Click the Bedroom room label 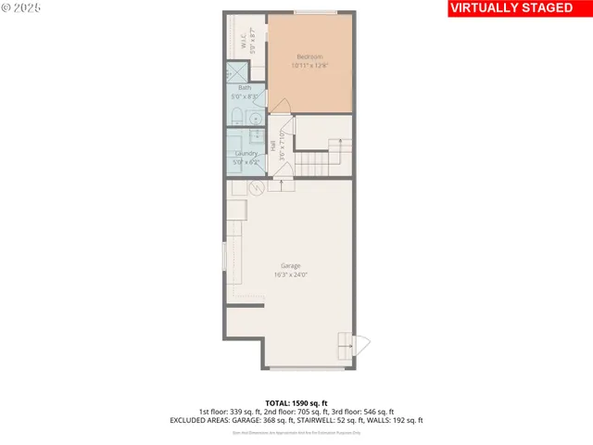309,56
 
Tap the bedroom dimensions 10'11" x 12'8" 309,65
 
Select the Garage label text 290,265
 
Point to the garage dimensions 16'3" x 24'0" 290,274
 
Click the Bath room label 245,88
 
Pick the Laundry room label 246,153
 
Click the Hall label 273,146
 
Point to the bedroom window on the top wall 315,12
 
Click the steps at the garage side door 345,346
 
